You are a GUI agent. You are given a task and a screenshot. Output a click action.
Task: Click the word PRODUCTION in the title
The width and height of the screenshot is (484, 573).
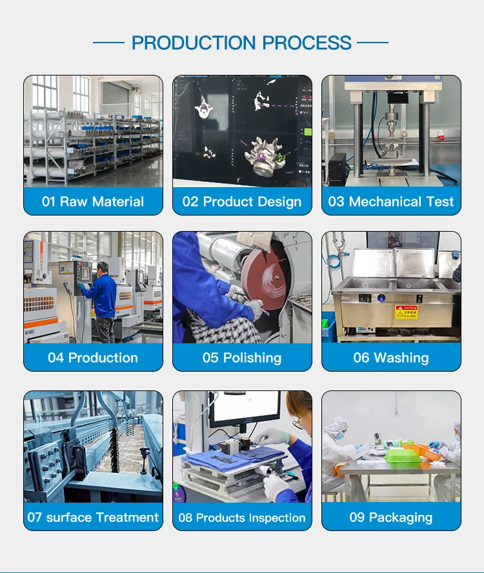(x=194, y=43)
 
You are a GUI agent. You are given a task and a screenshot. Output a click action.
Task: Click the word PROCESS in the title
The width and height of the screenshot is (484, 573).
(x=307, y=43)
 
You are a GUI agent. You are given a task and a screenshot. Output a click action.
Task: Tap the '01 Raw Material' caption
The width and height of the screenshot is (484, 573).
(x=93, y=201)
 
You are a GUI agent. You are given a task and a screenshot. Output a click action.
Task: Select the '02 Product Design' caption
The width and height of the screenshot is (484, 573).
(x=242, y=202)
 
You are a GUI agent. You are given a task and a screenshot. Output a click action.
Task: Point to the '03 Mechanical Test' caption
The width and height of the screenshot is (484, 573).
(x=391, y=201)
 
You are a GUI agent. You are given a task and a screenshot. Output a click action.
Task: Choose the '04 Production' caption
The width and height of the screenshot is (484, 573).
(x=93, y=357)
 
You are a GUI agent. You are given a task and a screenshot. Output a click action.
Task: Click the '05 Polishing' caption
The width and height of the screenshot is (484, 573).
(x=242, y=357)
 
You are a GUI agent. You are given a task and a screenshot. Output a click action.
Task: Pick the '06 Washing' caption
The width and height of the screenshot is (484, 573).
(x=391, y=357)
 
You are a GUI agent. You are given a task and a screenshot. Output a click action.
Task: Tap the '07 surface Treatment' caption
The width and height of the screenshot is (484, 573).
(x=93, y=517)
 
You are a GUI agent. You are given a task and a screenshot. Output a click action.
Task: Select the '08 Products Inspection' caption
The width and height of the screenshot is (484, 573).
(x=242, y=518)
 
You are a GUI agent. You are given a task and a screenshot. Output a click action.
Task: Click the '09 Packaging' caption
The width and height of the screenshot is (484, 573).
(x=391, y=518)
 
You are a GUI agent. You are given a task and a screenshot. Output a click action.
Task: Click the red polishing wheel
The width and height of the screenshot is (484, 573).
(x=265, y=277)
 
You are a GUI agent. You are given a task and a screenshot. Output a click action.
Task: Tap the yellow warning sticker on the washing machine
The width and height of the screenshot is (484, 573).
(x=406, y=312)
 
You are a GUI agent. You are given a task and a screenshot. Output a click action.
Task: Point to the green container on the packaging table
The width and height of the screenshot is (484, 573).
(x=403, y=456)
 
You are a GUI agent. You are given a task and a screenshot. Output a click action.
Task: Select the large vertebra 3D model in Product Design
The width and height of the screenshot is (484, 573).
(x=264, y=156)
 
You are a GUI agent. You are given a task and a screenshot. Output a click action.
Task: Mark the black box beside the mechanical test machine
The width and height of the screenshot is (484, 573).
(x=337, y=168)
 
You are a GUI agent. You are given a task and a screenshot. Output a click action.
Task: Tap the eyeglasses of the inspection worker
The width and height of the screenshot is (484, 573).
(x=299, y=421)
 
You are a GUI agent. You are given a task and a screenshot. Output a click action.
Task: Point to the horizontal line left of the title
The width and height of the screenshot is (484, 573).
(x=108, y=43)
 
